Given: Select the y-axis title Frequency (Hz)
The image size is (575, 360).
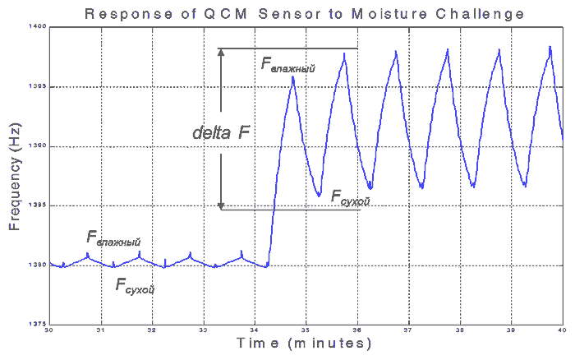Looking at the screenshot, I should point(15,178).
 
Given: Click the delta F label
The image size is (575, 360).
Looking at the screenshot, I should point(221,132).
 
